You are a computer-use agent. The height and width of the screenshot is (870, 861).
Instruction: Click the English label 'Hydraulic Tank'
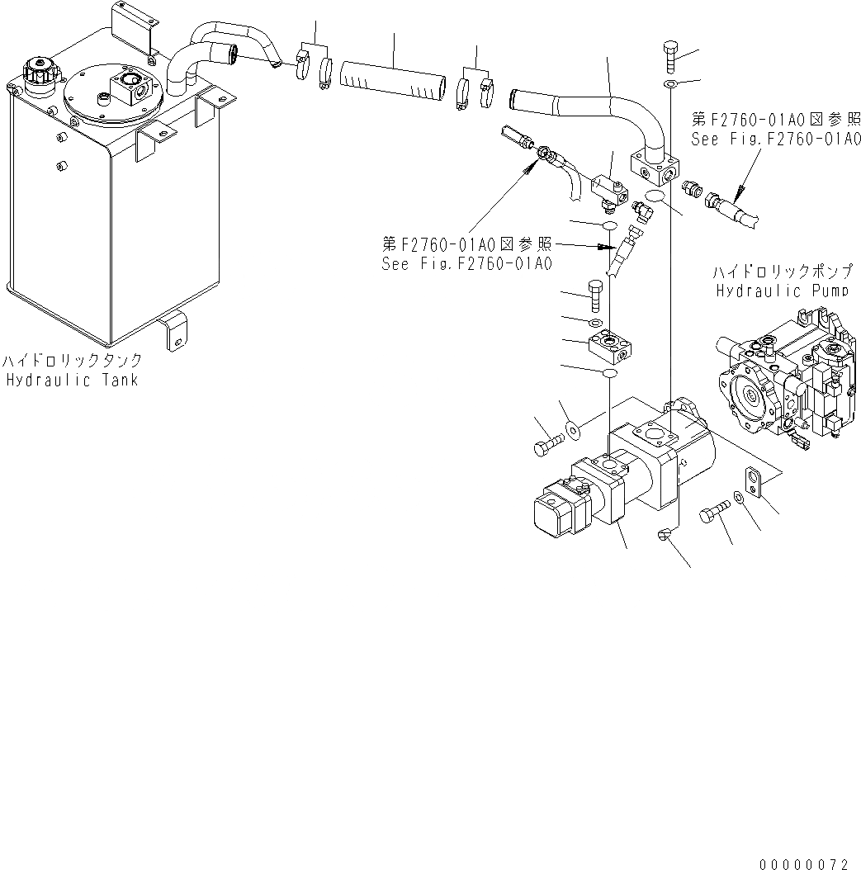click(x=73, y=381)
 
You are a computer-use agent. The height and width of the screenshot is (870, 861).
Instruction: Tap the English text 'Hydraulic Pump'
click(x=781, y=291)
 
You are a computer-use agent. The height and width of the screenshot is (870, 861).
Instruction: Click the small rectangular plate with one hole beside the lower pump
click(x=753, y=482)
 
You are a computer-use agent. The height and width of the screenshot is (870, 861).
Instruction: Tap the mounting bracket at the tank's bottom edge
click(x=175, y=330)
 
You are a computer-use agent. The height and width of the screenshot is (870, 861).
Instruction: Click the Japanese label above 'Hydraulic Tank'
click(x=72, y=362)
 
